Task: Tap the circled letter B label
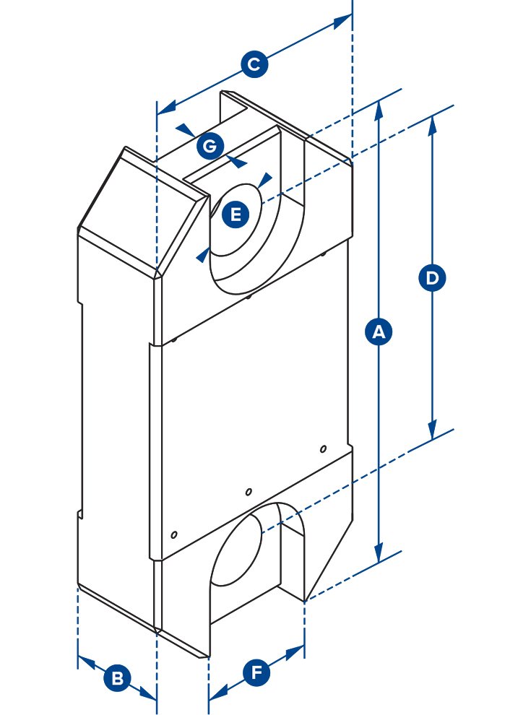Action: click(117, 679)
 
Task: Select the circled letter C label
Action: click(253, 65)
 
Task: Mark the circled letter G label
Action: click(209, 147)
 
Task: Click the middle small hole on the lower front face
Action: click(249, 492)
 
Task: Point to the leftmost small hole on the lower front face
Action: click(173, 535)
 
